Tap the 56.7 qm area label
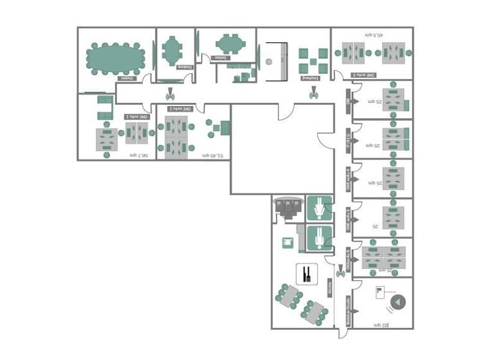(x=139, y=155)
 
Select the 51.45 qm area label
(x=212, y=155)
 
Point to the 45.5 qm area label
(x=374, y=35)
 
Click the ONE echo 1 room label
(x=136, y=116)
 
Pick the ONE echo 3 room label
(x=363, y=75)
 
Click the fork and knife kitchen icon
(x=307, y=274)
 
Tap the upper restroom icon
(x=319, y=208)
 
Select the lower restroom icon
(x=319, y=238)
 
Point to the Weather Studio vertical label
(x=347, y=310)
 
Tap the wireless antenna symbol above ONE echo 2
(x=171, y=94)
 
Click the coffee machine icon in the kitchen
(x=288, y=242)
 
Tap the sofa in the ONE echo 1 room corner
(x=104, y=107)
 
